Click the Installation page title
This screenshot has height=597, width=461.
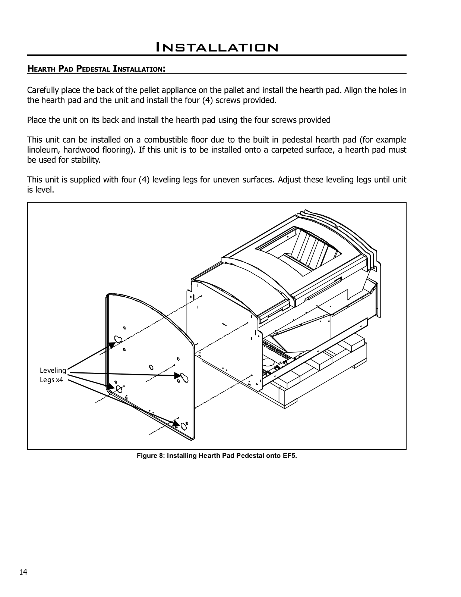tap(217, 47)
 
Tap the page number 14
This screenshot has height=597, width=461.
tap(23, 572)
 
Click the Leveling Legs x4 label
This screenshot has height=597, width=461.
tap(53, 375)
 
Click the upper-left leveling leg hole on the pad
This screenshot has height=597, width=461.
tap(118, 339)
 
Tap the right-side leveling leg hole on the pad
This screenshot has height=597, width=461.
tap(184, 377)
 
